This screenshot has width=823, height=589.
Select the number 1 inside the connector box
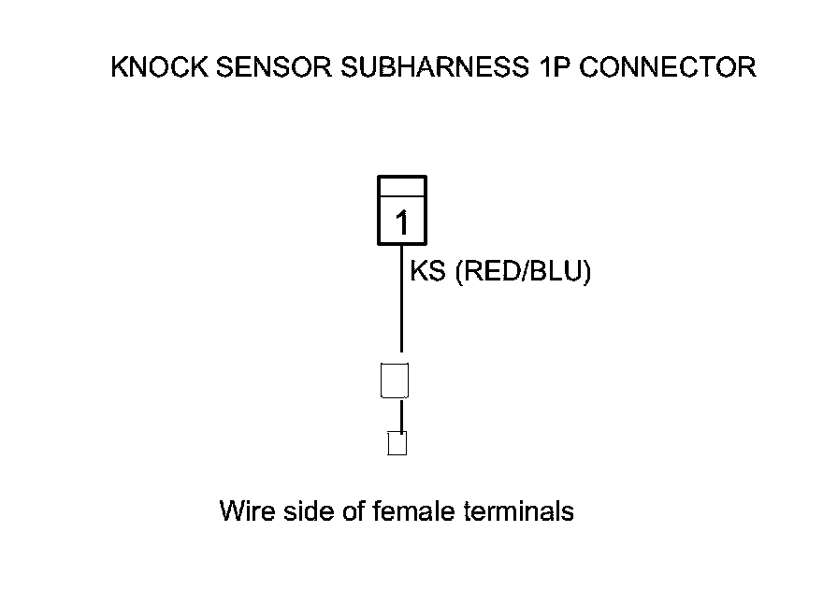(x=402, y=223)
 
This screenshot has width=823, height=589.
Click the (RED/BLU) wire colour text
(x=523, y=273)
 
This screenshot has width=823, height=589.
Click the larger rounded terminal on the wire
(x=396, y=380)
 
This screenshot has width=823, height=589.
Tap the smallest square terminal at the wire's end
(x=397, y=443)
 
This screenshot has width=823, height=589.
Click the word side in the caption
(x=310, y=512)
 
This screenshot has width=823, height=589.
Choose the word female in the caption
(x=415, y=512)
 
